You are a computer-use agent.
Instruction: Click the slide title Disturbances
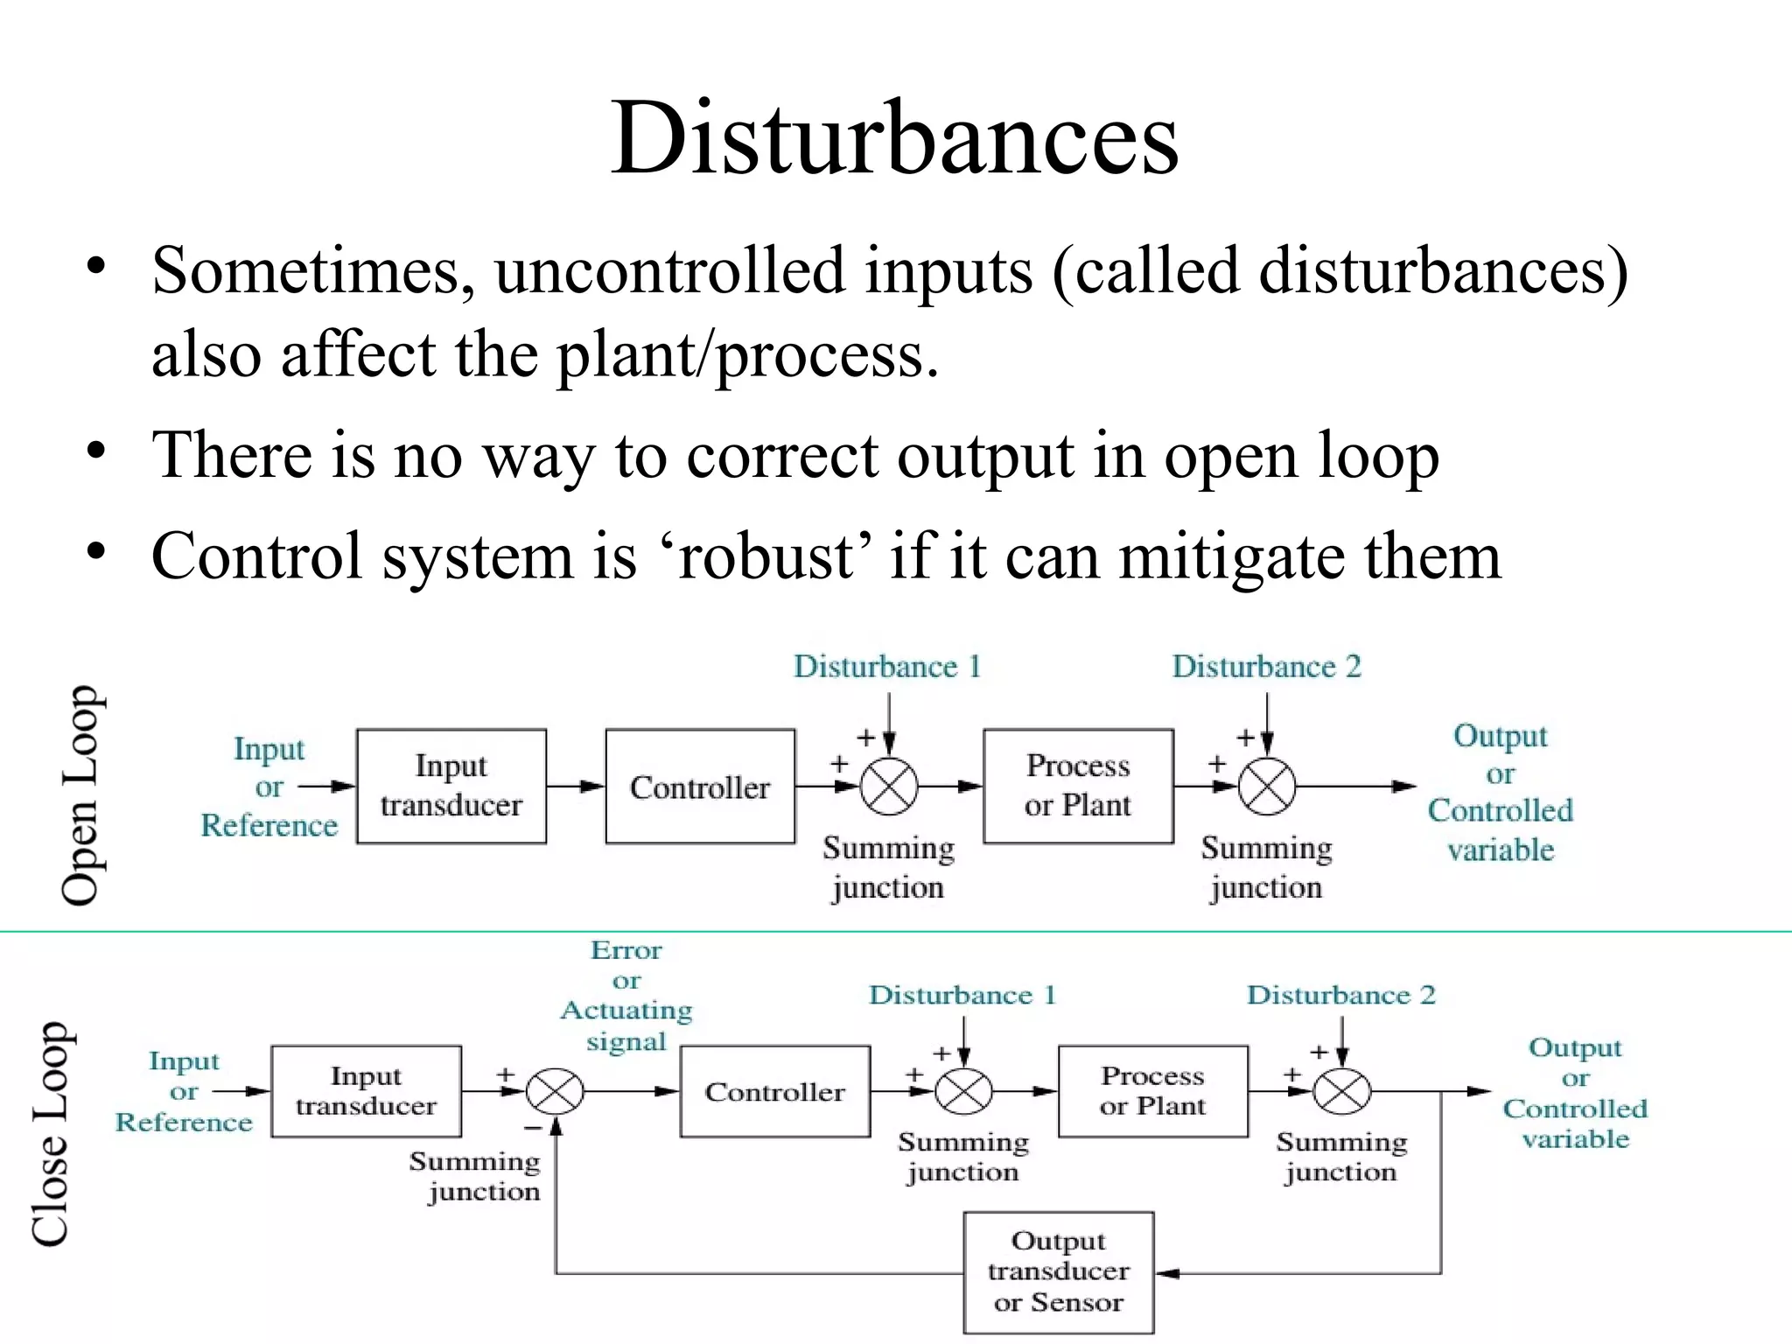pyautogui.click(x=894, y=138)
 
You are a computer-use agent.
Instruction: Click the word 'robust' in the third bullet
pyautogui.click(x=769, y=556)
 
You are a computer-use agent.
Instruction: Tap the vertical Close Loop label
pyautogui.click(x=51, y=1133)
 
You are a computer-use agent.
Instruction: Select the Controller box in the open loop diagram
pyautogui.click(x=700, y=787)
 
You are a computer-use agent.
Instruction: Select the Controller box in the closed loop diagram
pyautogui.click(x=775, y=1091)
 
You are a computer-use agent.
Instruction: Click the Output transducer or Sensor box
pyautogui.click(x=1058, y=1271)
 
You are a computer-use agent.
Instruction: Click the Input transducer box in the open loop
pyautogui.click(x=451, y=786)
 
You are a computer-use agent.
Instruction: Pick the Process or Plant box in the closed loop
pyautogui.click(x=1152, y=1091)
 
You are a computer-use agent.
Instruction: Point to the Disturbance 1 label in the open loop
pyautogui.click(x=887, y=667)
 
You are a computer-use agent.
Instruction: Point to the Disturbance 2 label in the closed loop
pyautogui.click(x=1340, y=995)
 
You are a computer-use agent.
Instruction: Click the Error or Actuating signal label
pyautogui.click(x=626, y=996)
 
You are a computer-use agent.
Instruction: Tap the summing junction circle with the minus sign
pyautogui.click(x=555, y=1091)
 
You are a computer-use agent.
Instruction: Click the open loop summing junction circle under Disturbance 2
pyautogui.click(x=1267, y=787)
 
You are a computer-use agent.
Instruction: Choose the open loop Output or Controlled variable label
pyautogui.click(x=1500, y=793)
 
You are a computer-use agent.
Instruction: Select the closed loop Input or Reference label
pyautogui.click(x=184, y=1091)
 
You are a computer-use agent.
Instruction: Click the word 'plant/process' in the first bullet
pyautogui.click(x=748, y=355)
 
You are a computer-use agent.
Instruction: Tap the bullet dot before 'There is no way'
pyautogui.click(x=96, y=452)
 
